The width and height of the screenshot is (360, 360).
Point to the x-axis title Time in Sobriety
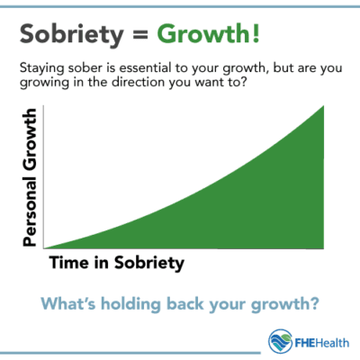tap(114, 264)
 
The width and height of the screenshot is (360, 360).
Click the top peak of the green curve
tap(321, 108)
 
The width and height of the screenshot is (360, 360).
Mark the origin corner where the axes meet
tap(42, 247)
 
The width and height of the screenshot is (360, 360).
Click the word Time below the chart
tap(66, 264)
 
